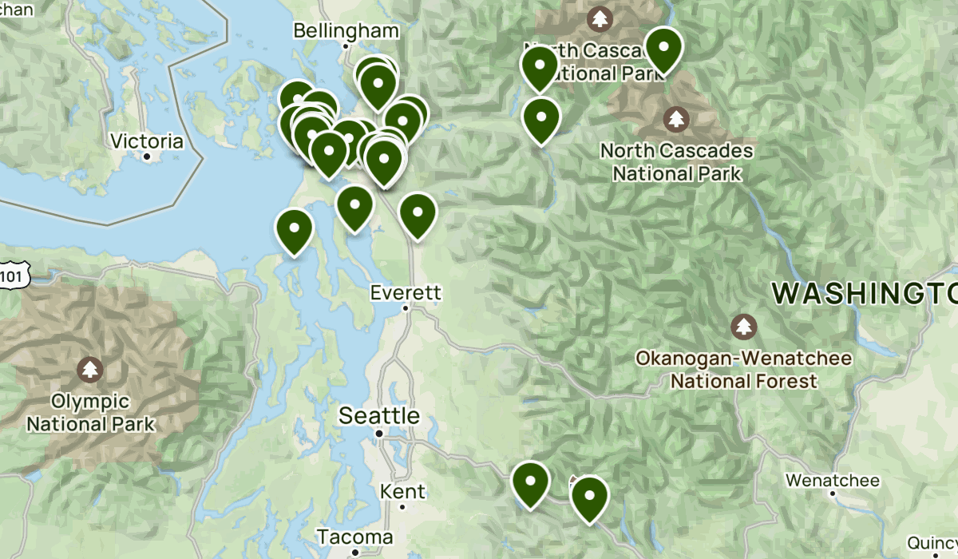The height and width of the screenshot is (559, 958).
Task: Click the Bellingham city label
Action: (346, 31)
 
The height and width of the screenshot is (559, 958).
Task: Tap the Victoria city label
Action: (147, 141)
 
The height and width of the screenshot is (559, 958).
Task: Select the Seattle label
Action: (379, 415)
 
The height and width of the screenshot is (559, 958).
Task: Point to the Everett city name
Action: (406, 293)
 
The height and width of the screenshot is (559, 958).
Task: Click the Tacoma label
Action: (355, 536)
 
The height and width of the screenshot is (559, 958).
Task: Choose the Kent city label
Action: (402, 491)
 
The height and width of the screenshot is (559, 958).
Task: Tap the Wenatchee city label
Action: (832, 480)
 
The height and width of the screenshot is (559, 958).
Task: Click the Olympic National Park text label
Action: (90, 411)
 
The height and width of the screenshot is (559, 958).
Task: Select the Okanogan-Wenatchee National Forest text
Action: (744, 370)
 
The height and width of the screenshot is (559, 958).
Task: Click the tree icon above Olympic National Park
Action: (89, 370)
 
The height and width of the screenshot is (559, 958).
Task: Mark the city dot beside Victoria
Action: (147, 156)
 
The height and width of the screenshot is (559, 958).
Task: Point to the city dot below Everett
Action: (406, 307)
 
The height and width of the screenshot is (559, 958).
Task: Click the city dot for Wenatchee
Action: (832, 494)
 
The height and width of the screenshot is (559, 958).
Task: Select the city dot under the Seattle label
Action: (380, 434)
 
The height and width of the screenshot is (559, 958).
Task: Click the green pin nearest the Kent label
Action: (530, 482)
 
